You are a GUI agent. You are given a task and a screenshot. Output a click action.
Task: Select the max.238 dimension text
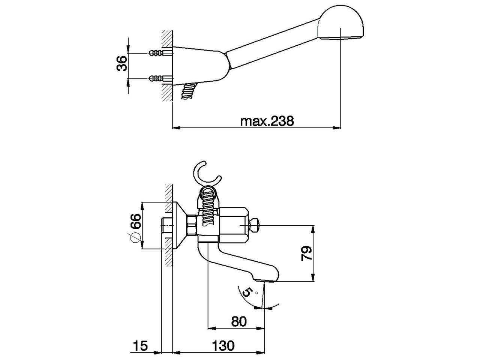267,121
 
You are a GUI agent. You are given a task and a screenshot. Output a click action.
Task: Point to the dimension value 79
306,253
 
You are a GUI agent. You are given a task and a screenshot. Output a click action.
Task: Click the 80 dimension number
239,321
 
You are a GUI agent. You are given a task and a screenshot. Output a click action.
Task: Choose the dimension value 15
140,345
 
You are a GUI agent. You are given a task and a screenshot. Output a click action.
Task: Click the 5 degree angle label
246,292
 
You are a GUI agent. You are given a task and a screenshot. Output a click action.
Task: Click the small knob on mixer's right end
254,225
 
